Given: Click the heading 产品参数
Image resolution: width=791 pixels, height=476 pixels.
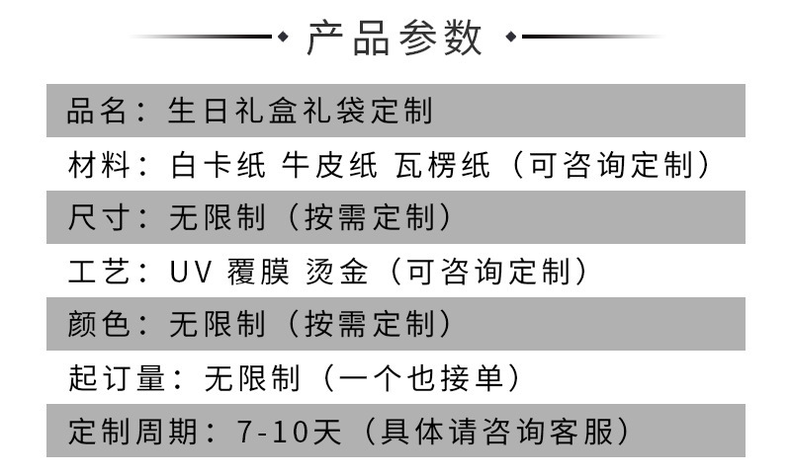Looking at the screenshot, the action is point(395,39).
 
